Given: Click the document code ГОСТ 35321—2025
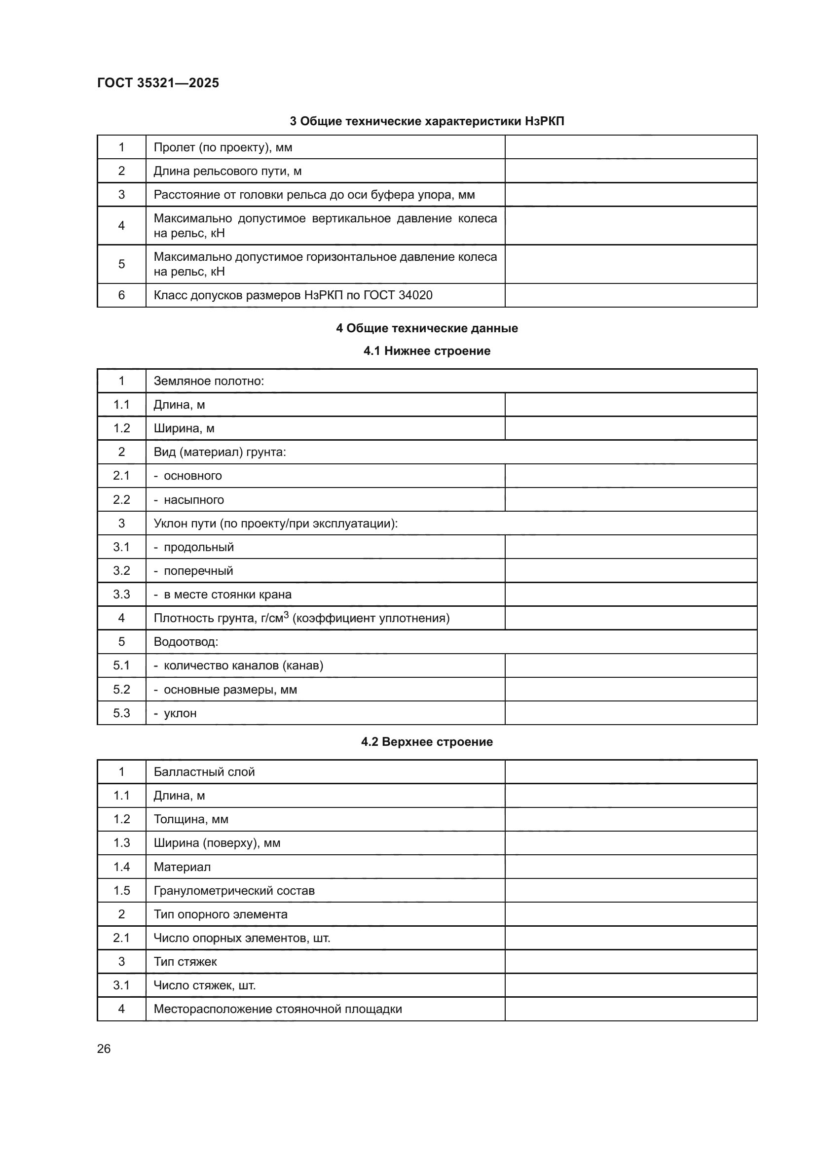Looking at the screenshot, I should (x=158, y=83).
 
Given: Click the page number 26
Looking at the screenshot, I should (x=104, y=1048).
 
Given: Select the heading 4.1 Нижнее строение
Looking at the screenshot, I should (x=427, y=351).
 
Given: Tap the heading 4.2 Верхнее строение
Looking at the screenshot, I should (x=427, y=742).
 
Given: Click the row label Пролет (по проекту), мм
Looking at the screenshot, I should (x=223, y=148).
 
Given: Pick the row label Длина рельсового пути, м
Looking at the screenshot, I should (x=227, y=171).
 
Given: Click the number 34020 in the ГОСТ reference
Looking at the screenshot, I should (x=415, y=295).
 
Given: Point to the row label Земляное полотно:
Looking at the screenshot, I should (x=209, y=381).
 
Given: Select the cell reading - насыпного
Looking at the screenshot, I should (x=189, y=500).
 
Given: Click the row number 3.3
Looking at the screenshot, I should (x=121, y=594).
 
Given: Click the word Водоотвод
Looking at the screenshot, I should (x=185, y=642).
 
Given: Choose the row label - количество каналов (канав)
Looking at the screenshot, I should (x=239, y=666).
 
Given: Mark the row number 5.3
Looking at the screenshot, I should (x=121, y=713).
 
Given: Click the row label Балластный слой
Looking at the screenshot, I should (x=204, y=772).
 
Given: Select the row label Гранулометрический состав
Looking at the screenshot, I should (x=234, y=891).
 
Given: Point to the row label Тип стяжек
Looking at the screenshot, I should (x=185, y=962).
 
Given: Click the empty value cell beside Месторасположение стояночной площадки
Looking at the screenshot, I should (x=631, y=1010).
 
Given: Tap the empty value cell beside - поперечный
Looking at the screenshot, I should (x=631, y=571).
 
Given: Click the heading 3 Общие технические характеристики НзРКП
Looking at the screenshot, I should (x=427, y=122).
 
